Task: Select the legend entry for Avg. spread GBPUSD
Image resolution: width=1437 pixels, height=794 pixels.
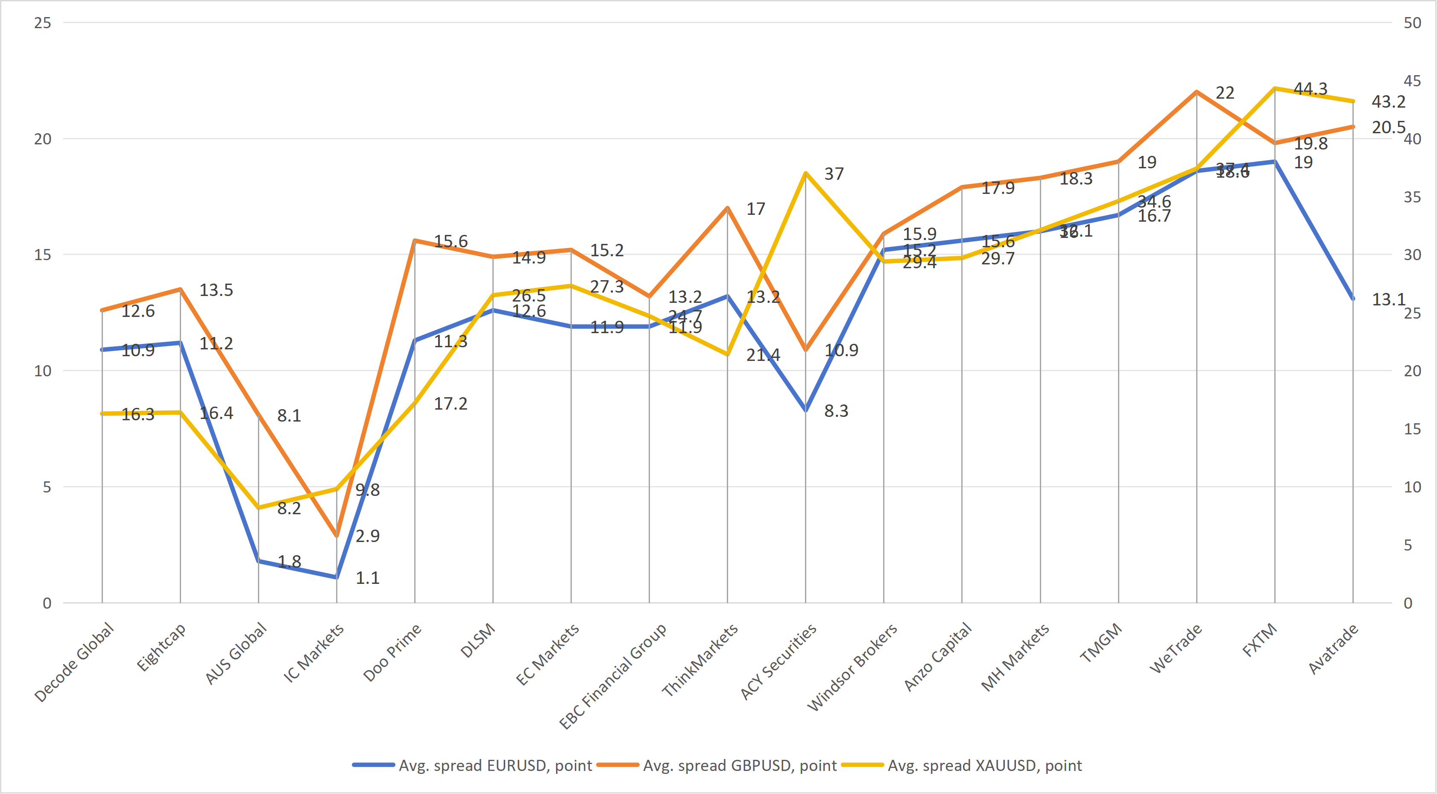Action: [739, 765]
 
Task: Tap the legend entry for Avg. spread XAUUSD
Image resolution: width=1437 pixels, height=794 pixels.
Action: [984, 765]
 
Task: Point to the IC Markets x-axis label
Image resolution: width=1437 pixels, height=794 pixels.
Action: [314, 653]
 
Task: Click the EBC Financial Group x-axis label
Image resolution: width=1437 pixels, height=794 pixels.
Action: [613, 676]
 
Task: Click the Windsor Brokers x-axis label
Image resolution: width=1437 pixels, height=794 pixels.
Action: [852, 667]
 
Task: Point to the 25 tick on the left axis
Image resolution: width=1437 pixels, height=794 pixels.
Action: [42, 23]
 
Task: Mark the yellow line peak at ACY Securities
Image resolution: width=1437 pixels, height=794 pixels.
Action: [805, 173]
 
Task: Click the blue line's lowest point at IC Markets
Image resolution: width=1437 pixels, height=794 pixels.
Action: [337, 577]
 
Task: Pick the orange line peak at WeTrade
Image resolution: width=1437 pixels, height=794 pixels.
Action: [1197, 91]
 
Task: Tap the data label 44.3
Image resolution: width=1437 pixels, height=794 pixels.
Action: [1310, 89]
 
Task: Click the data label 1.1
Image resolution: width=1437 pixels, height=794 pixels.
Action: [368, 577]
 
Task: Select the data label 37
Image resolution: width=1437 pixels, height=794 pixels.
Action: [834, 174]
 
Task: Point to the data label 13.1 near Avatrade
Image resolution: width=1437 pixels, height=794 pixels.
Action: [1388, 300]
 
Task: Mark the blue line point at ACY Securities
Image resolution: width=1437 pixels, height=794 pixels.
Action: [805, 410]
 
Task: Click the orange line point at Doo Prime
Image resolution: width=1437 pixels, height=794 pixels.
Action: [415, 240]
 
